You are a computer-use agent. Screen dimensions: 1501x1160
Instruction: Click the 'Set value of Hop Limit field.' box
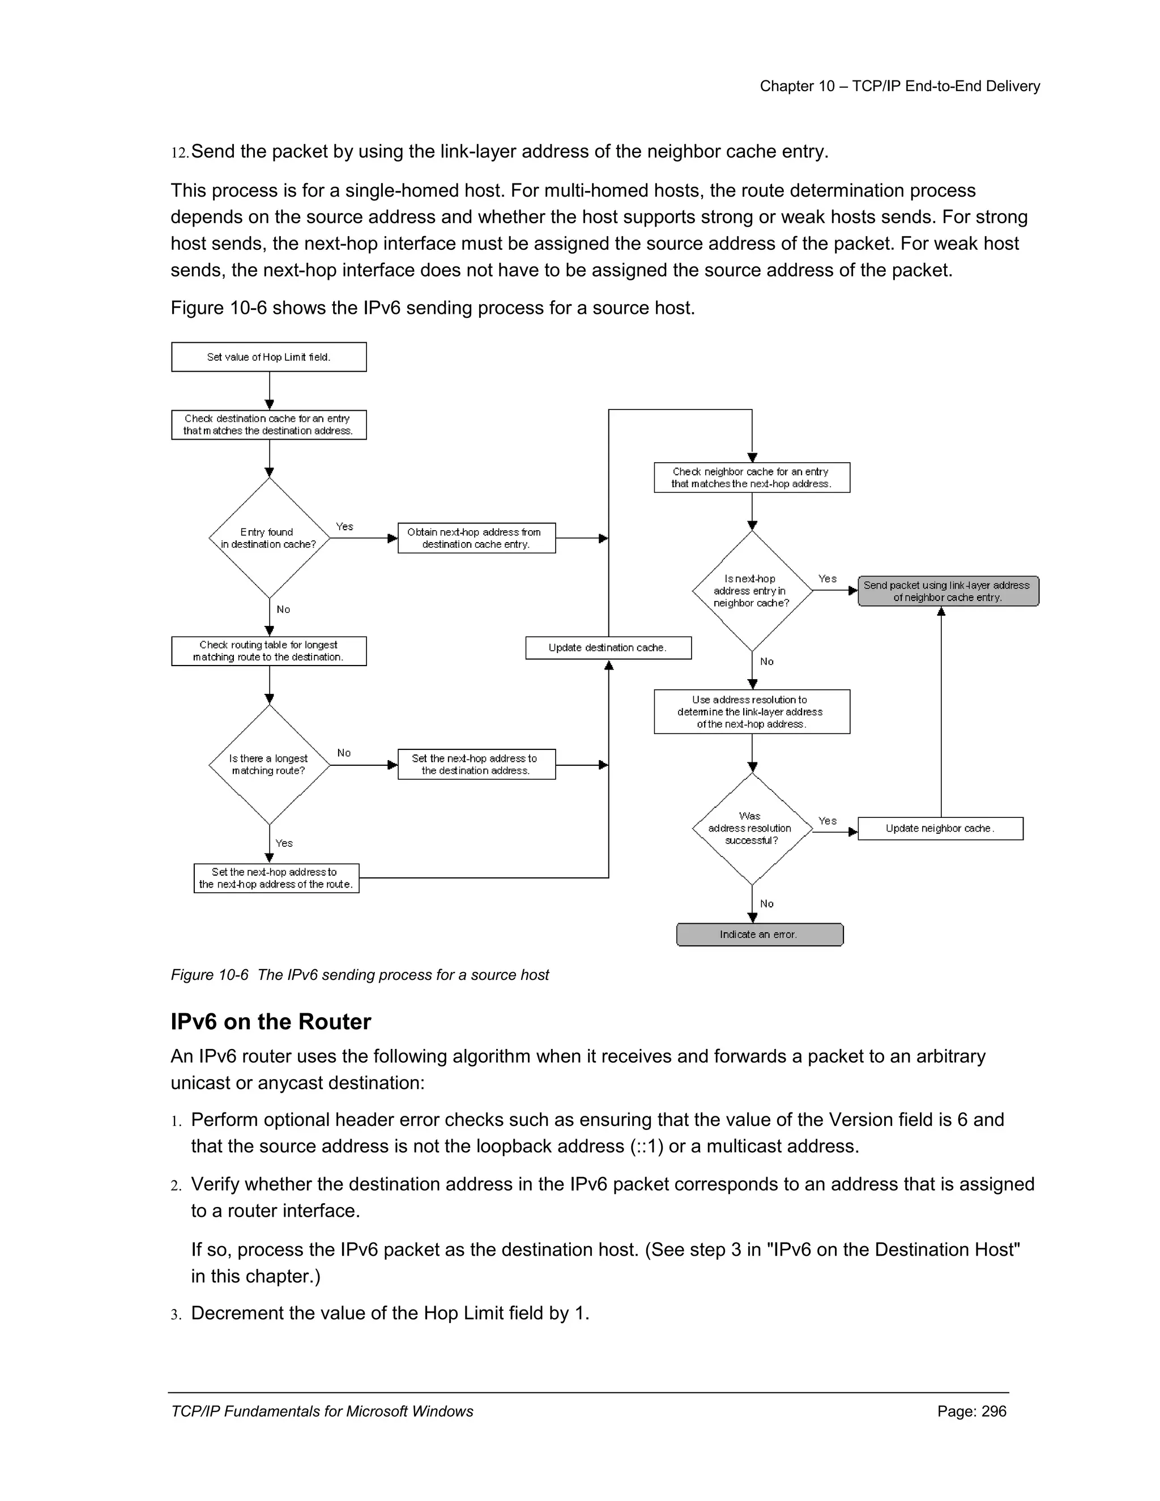point(268,357)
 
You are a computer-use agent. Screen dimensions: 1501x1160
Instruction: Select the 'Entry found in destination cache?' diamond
point(268,538)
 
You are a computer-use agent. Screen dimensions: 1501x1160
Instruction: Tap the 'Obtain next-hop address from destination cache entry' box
point(476,538)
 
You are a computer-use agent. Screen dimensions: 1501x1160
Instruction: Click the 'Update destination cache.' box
point(608,647)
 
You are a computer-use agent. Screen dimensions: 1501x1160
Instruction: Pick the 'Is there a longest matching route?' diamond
point(268,764)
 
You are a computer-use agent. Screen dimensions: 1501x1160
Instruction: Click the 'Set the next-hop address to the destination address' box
point(476,764)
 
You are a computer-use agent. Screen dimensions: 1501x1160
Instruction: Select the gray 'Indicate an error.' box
point(760,934)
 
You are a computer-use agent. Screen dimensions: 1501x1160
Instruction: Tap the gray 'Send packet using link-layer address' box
point(948,591)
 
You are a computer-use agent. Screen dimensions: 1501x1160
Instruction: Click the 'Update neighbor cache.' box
point(940,828)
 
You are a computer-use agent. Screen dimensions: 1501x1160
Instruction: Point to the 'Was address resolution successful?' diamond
point(752,828)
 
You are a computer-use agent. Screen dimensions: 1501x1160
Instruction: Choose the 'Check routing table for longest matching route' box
point(268,651)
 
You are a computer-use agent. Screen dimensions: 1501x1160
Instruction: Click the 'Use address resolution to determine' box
point(752,711)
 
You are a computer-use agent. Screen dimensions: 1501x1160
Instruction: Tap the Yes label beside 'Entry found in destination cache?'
point(344,526)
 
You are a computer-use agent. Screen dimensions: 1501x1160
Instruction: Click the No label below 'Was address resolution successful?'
point(767,904)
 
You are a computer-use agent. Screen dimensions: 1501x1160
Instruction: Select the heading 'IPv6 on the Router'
point(271,1022)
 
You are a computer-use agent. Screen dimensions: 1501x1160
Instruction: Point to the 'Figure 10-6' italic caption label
point(209,975)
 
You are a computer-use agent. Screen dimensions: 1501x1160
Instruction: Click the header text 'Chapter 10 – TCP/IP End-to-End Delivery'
point(899,86)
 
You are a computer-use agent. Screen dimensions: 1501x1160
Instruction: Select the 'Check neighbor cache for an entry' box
point(752,477)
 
